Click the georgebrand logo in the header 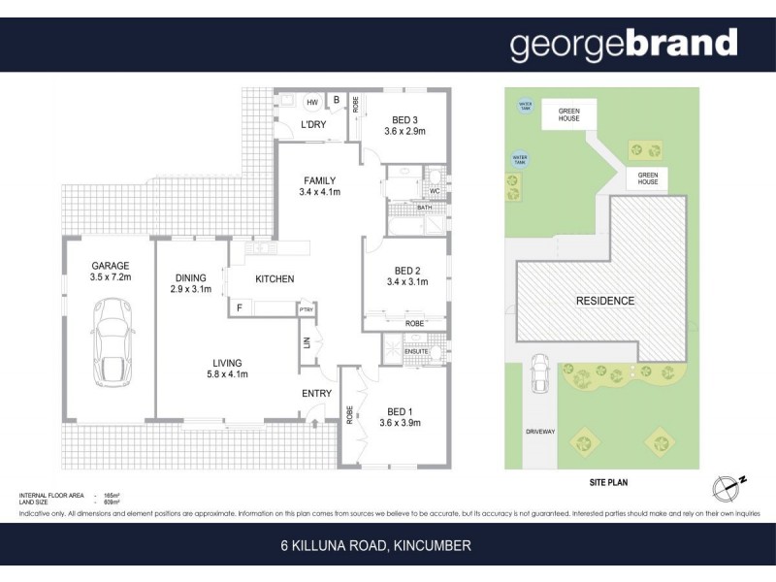click(623, 44)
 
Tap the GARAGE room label click(111, 265)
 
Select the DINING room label click(190, 277)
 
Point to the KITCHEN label click(275, 279)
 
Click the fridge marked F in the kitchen click(239, 308)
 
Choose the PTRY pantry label click(307, 309)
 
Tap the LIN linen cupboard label click(307, 343)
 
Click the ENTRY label click(317, 393)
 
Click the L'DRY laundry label click(311, 125)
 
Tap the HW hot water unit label click(311, 101)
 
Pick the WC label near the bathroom click(435, 191)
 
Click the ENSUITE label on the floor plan click(415, 350)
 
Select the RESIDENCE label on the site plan click(604, 301)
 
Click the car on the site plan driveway click(539, 374)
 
